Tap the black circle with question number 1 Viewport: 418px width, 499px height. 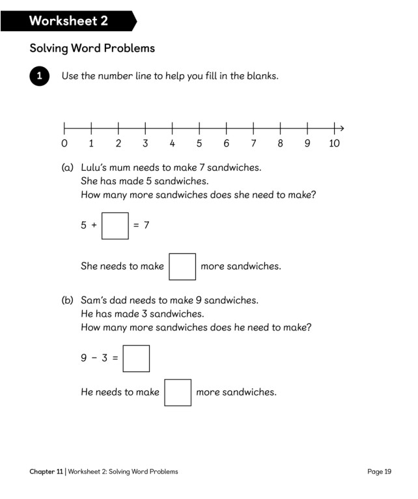[40, 76]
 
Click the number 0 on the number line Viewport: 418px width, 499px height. [64, 143]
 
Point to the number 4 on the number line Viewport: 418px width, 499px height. [172, 143]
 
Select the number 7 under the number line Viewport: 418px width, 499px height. [253, 143]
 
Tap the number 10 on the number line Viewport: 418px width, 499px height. [334, 143]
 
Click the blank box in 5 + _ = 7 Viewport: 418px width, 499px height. [115, 225]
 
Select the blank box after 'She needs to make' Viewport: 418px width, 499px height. [182, 266]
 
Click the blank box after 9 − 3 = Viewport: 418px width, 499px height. [136, 358]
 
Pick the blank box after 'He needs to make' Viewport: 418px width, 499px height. [178, 392]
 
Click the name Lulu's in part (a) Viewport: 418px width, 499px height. [94, 167]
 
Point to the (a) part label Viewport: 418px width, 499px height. [68, 167]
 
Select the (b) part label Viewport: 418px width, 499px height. [68, 300]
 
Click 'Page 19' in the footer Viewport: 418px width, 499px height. [379, 472]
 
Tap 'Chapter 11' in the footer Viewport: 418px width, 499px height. [46, 472]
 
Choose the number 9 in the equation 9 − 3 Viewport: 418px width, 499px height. [84, 359]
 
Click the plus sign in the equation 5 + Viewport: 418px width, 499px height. [94, 225]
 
